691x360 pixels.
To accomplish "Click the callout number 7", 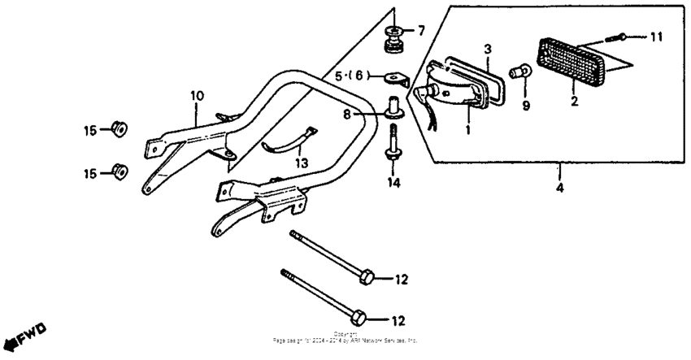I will [420, 31].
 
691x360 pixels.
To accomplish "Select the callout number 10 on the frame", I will [196, 96].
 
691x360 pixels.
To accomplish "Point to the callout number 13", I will [302, 163].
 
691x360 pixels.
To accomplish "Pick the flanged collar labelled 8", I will [395, 110].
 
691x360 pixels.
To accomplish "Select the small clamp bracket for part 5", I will [398, 79].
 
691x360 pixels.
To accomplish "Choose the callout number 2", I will [573, 102].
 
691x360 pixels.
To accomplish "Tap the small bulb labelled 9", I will [518, 74].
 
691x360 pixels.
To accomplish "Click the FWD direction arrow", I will [24, 336].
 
